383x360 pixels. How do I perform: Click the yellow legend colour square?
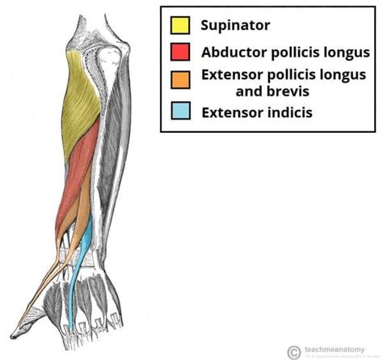(x=180, y=24)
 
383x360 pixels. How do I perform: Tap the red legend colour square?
(x=180, y=52)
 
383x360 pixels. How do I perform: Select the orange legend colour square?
(x=180, y=78)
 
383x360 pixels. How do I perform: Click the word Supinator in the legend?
(x=235, y=25)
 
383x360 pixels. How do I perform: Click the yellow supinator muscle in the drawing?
(x=85, y=101)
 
